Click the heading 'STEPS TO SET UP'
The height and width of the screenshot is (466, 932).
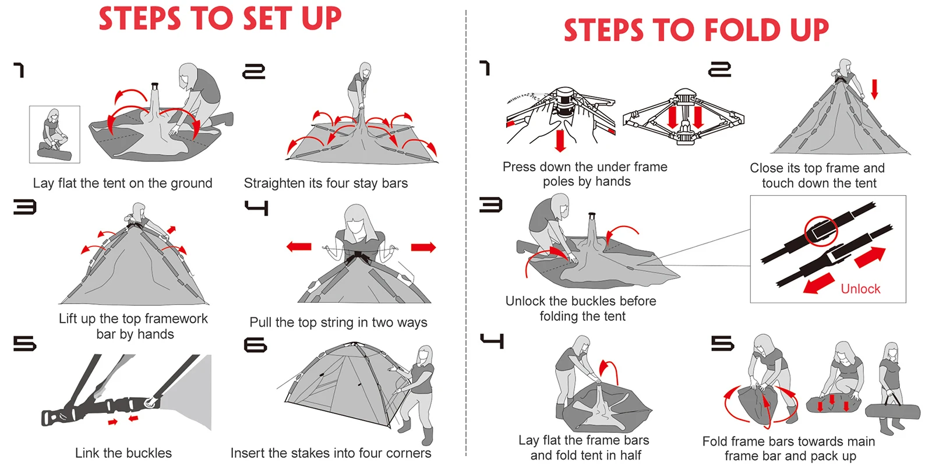[x=220, y=19]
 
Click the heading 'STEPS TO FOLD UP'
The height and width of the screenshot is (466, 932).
[x=696, y=30]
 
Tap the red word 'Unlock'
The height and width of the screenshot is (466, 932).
[x=860, y=289]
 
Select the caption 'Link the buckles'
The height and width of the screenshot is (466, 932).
[x=123, y=453]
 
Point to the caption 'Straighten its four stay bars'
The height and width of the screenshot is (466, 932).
[x=326, y=183]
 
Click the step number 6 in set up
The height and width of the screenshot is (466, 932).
[x=255, y=345]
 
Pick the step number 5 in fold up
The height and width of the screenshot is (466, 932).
[x=723, y=343]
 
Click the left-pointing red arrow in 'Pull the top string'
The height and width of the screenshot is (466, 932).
[x=299, y=247]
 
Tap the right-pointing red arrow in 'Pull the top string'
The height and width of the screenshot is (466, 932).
[x=423, y=248]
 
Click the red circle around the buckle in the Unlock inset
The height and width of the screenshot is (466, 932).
[x=821, y=231]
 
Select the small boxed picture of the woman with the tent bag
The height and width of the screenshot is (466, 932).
[x=55, y=134]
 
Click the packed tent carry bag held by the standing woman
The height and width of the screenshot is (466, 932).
[x=893, y=412]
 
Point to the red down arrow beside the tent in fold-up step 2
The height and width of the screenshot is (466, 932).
[x=874, y=89]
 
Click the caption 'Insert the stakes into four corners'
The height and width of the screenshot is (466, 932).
[x=331, y=453]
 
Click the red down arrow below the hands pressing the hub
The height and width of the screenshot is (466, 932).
[x=560, y=140]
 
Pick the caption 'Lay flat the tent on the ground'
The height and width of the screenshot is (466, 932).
[x=123, y=183]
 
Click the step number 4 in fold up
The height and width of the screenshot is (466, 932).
[x=492, y=341]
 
